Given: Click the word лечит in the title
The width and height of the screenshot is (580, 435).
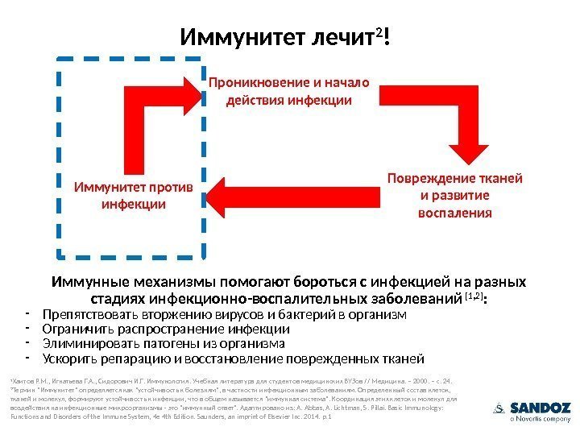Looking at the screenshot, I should click(x=346, y=37).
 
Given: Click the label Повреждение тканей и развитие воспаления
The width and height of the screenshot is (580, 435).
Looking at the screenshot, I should click(x=455, y=195).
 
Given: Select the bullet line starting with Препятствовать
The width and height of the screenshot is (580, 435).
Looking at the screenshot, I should click(x=225, y=314).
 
